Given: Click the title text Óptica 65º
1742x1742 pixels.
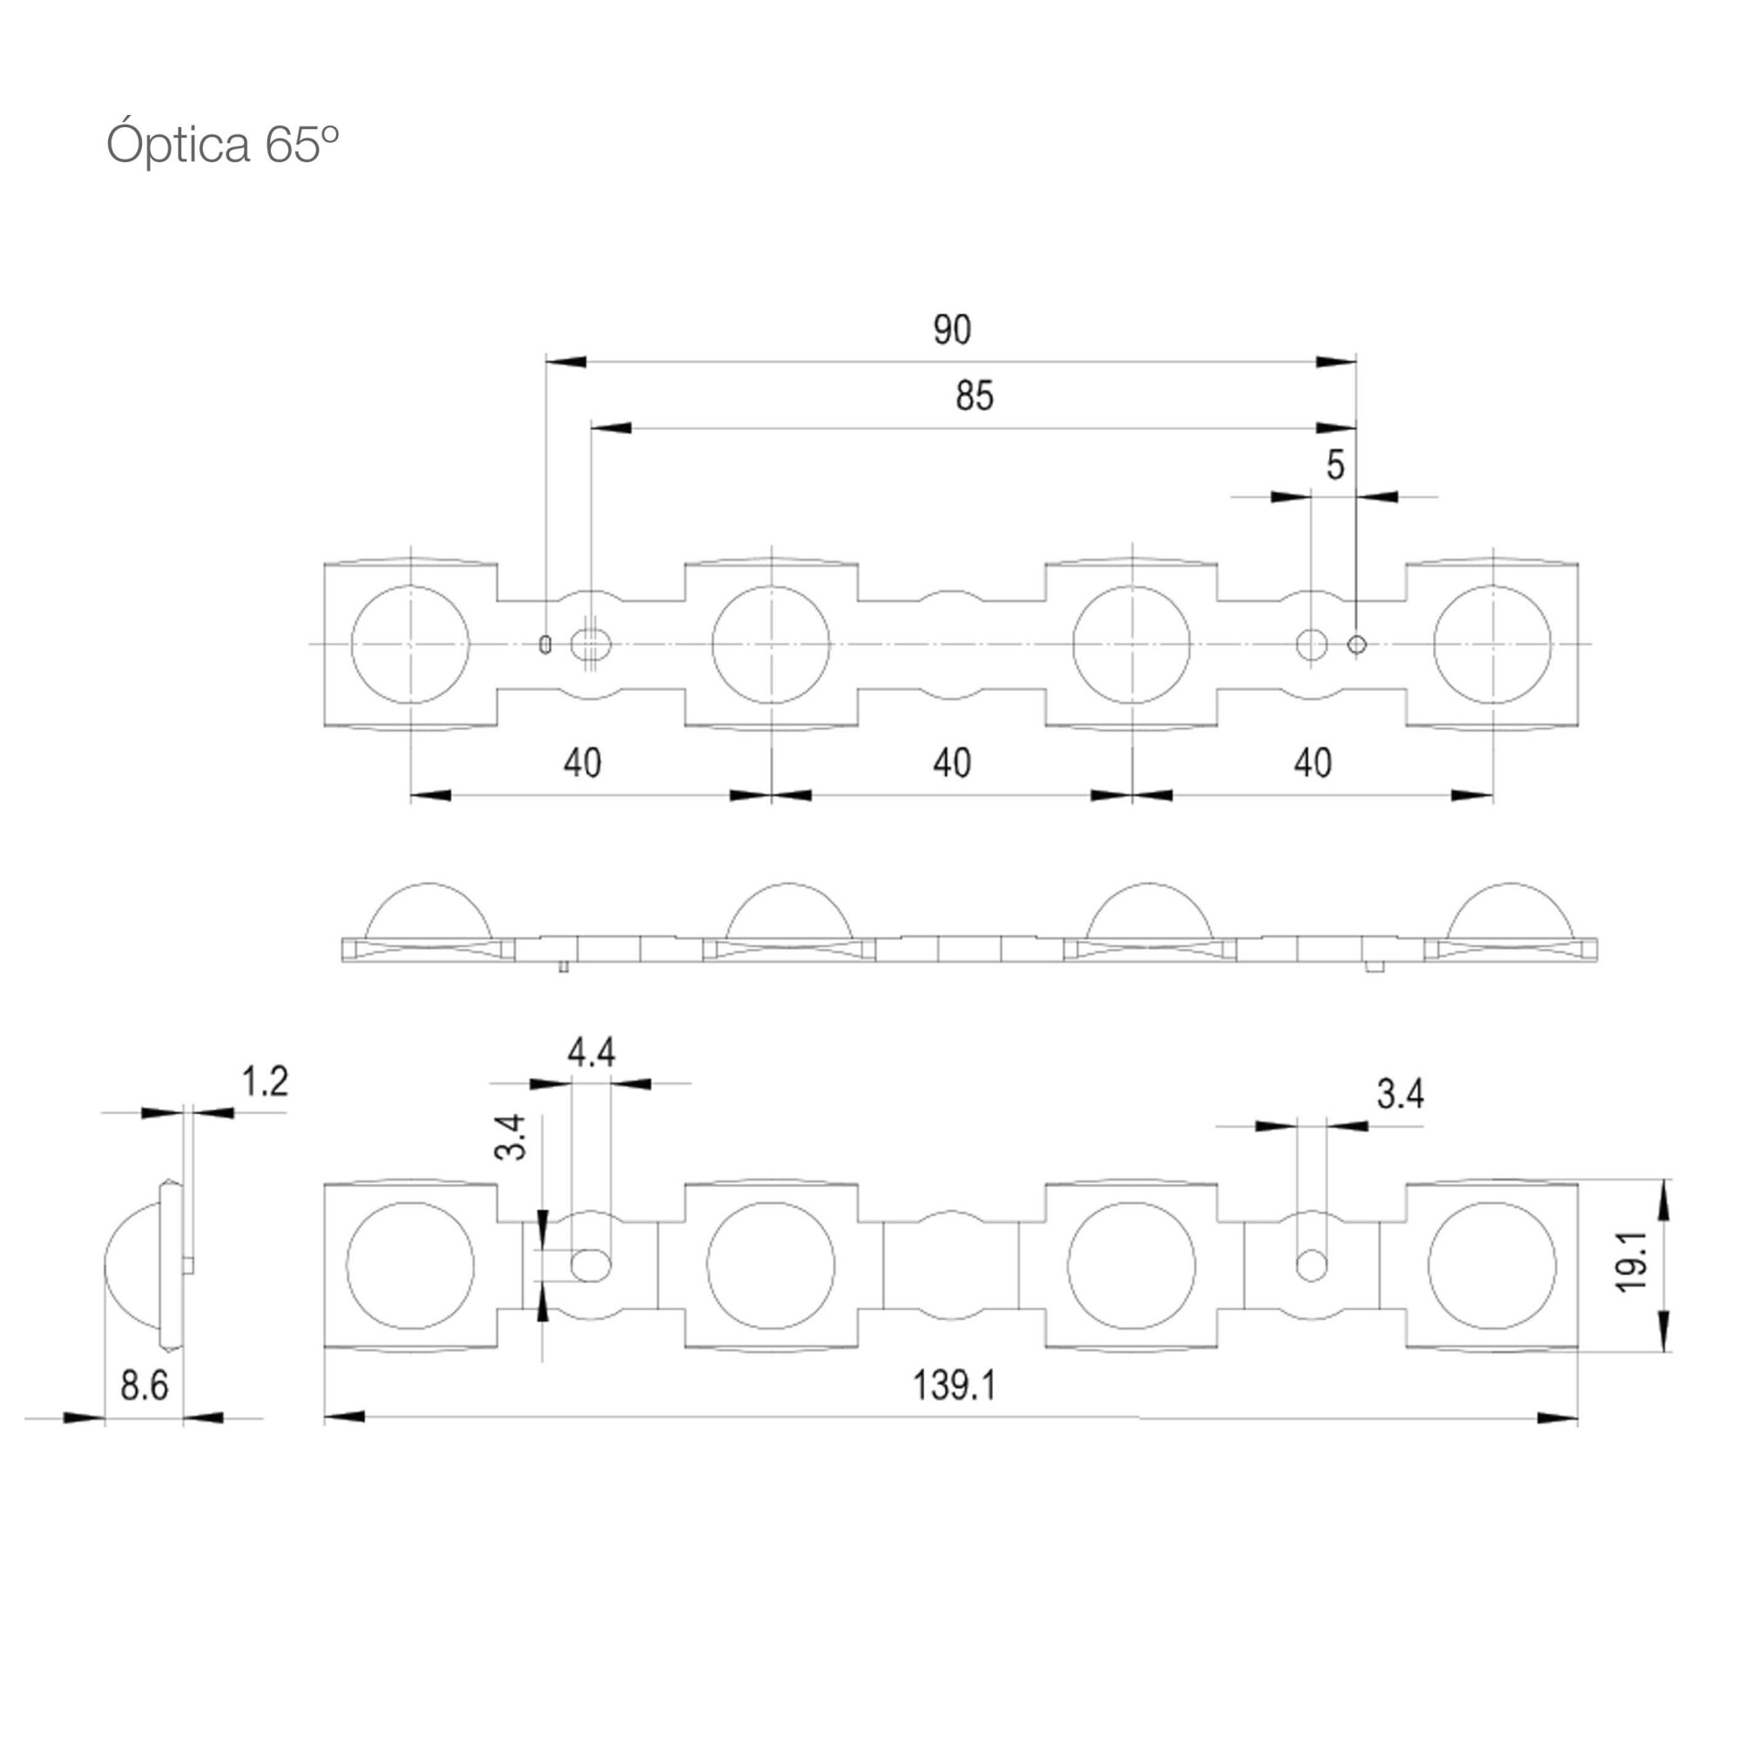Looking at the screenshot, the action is point(223,145).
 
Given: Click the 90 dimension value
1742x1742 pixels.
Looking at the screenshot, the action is point(952,330).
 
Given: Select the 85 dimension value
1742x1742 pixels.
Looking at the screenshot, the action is point(975,395).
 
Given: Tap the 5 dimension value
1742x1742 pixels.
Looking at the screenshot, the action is point(1335,464).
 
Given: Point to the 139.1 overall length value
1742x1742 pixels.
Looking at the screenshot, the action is point(955,1384).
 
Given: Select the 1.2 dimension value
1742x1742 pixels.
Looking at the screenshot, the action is point(265,1081).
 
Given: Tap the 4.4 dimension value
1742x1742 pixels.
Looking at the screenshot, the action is point(591,1052).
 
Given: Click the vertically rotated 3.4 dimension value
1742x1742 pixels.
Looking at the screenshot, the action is point(511,1137).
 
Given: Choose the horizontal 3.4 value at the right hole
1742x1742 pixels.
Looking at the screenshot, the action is point(1401,1094).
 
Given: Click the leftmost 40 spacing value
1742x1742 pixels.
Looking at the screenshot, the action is point(583,763).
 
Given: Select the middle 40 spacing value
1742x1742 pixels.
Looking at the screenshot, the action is point(952,763).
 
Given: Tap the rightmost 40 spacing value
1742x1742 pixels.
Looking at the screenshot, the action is point(1313,763).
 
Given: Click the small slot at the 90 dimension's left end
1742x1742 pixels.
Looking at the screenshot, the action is point(545,644).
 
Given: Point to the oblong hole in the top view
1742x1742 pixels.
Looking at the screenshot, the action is point(591,644).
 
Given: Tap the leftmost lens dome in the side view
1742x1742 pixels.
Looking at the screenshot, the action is point(429,883).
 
